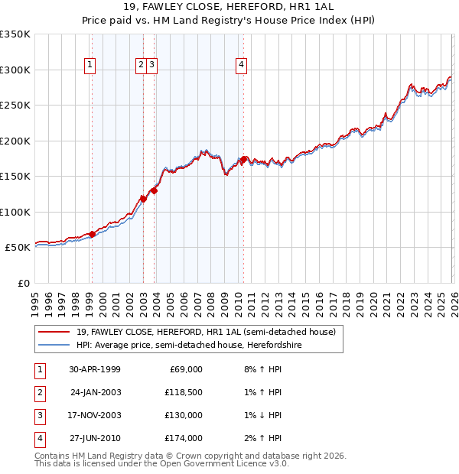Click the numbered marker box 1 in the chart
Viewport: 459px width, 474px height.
click(90, 66)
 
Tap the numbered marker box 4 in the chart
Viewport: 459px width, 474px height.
click(241, 66)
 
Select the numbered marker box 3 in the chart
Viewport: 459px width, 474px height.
click(153, 66)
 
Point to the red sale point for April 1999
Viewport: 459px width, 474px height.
click(93, 234)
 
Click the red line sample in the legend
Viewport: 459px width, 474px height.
click(54, 332)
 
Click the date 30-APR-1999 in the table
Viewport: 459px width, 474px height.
click(95, 369)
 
